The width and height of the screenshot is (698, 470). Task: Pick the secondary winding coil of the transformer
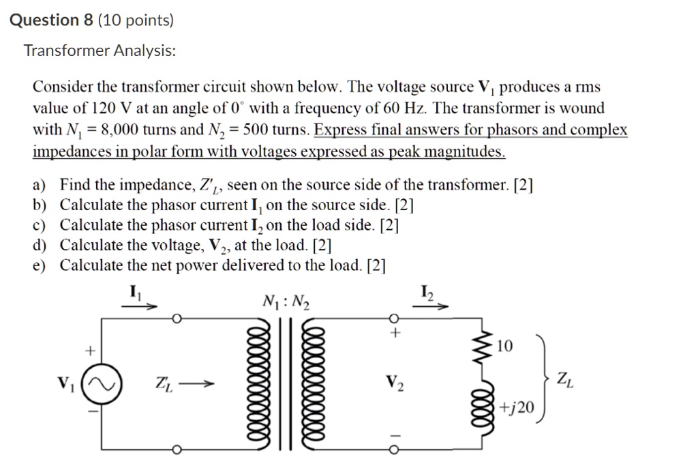click(x=318, y=385)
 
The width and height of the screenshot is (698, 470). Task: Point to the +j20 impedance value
click(x=517, y=408)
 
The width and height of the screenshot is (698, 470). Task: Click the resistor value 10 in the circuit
click(x=504, y=347)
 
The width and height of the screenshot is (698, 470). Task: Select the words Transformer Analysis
click(x=100, y=50)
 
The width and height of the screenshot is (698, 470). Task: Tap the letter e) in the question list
click(x=40, y=265)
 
